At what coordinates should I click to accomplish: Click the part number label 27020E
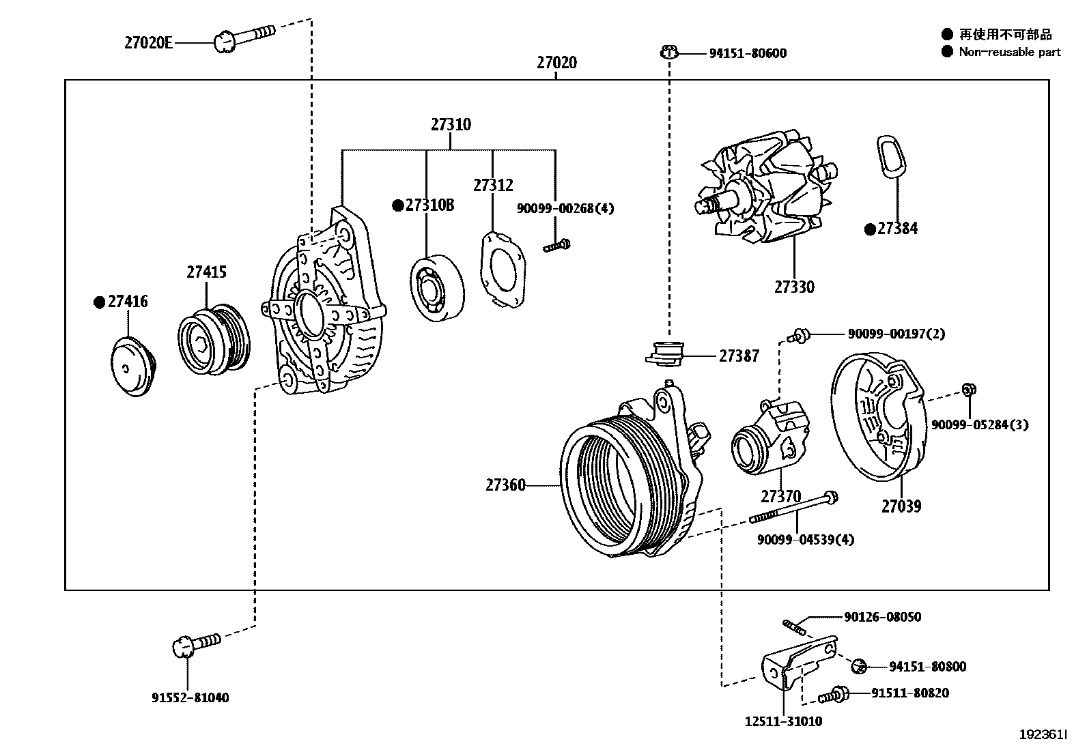147,43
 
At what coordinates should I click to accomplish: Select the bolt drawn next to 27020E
242,37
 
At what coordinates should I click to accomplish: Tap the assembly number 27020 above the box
556,63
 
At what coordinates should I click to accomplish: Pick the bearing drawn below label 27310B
438,288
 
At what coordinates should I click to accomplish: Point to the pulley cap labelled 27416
133,366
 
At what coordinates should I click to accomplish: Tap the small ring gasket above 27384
889,158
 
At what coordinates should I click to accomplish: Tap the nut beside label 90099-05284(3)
968,390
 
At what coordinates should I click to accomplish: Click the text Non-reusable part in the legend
1009,52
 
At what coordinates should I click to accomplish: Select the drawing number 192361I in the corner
1043,734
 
